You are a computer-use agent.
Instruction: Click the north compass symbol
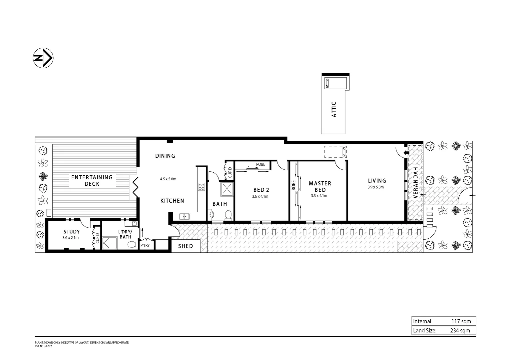point(43,58)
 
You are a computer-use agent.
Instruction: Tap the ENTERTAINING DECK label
point(92,180)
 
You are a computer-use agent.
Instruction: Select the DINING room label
point(165,156)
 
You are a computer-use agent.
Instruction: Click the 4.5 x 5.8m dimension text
point(168,179)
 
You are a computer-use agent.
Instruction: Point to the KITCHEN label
point(172,201)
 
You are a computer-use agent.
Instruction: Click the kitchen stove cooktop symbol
point(201,187)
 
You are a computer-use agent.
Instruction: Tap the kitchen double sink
point(184,217)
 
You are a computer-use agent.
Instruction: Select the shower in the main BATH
point(227,189)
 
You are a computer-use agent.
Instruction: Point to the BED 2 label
point(261,190)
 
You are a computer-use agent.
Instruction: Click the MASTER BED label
point(320,187)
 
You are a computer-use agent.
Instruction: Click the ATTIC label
point(334,109)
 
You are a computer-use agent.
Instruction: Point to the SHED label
point(186,246)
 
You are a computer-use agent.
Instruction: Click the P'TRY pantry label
point(145,246)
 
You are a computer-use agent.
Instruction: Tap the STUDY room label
point(72,232)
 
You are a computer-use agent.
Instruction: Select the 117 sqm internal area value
point(461,321)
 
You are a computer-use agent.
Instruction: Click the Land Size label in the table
point(424,330)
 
